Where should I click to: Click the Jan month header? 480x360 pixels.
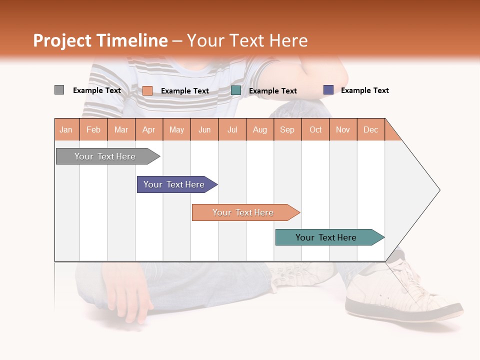[66, 129]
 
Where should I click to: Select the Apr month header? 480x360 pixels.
[149, 129]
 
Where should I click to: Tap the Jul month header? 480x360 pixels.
[232, 129]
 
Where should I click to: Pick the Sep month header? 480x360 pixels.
[287, 129]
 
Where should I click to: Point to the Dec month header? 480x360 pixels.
[371, 129]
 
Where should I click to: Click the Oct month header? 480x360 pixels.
[315, 129]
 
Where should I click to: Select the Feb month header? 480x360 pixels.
[93, 129]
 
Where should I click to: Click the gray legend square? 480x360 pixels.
[59, 90]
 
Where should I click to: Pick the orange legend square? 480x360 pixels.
[147, 90]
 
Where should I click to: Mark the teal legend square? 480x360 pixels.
[236, 90]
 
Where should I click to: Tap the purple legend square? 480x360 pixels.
[328, 90]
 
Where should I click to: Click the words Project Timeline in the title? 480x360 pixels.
[100, 40]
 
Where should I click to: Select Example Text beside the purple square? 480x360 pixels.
[365, 90]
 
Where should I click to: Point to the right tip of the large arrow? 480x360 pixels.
[438, 190]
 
